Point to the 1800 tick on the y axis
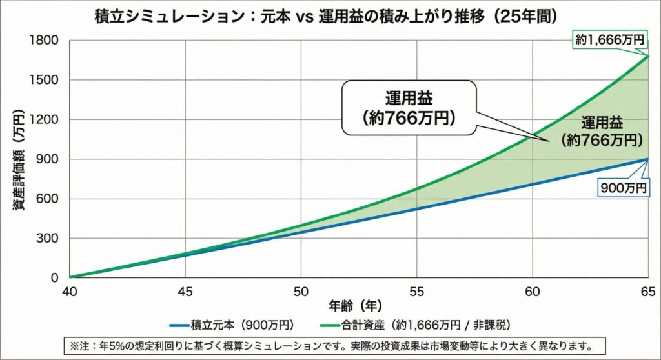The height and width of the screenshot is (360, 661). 46,41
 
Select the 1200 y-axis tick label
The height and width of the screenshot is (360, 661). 46,120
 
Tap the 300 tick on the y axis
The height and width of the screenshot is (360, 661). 49,238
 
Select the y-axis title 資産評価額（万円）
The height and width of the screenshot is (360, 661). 19,159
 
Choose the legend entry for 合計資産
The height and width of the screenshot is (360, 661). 420,324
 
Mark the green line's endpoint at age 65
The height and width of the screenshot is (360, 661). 647,56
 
